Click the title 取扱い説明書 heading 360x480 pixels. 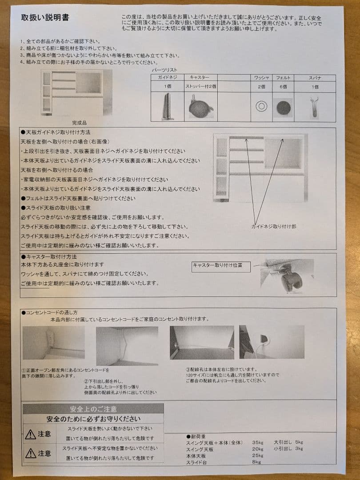click(x=45, y=18)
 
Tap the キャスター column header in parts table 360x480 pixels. click(x=200, y=78)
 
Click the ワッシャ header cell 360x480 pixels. click(x=261, y=78)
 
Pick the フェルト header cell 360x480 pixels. click(x=283, y=78)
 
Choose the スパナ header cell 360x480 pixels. click(x=315, y=78)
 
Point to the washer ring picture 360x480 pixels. click(x=261, y=107)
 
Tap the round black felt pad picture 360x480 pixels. click(x=283, y=107)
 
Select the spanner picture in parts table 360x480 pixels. click(x=314, y=106)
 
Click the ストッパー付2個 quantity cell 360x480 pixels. click(x=200, y=87)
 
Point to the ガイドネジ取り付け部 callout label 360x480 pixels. click(x=274, y=226)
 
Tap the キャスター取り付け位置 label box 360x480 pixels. click(x=221, y=266)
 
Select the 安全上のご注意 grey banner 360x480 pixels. click(x=93, y=409)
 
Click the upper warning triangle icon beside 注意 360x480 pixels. click(x=30, y=434)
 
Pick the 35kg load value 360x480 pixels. click(x=258, y=442)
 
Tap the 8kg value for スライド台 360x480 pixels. click(x=256, y=462)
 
